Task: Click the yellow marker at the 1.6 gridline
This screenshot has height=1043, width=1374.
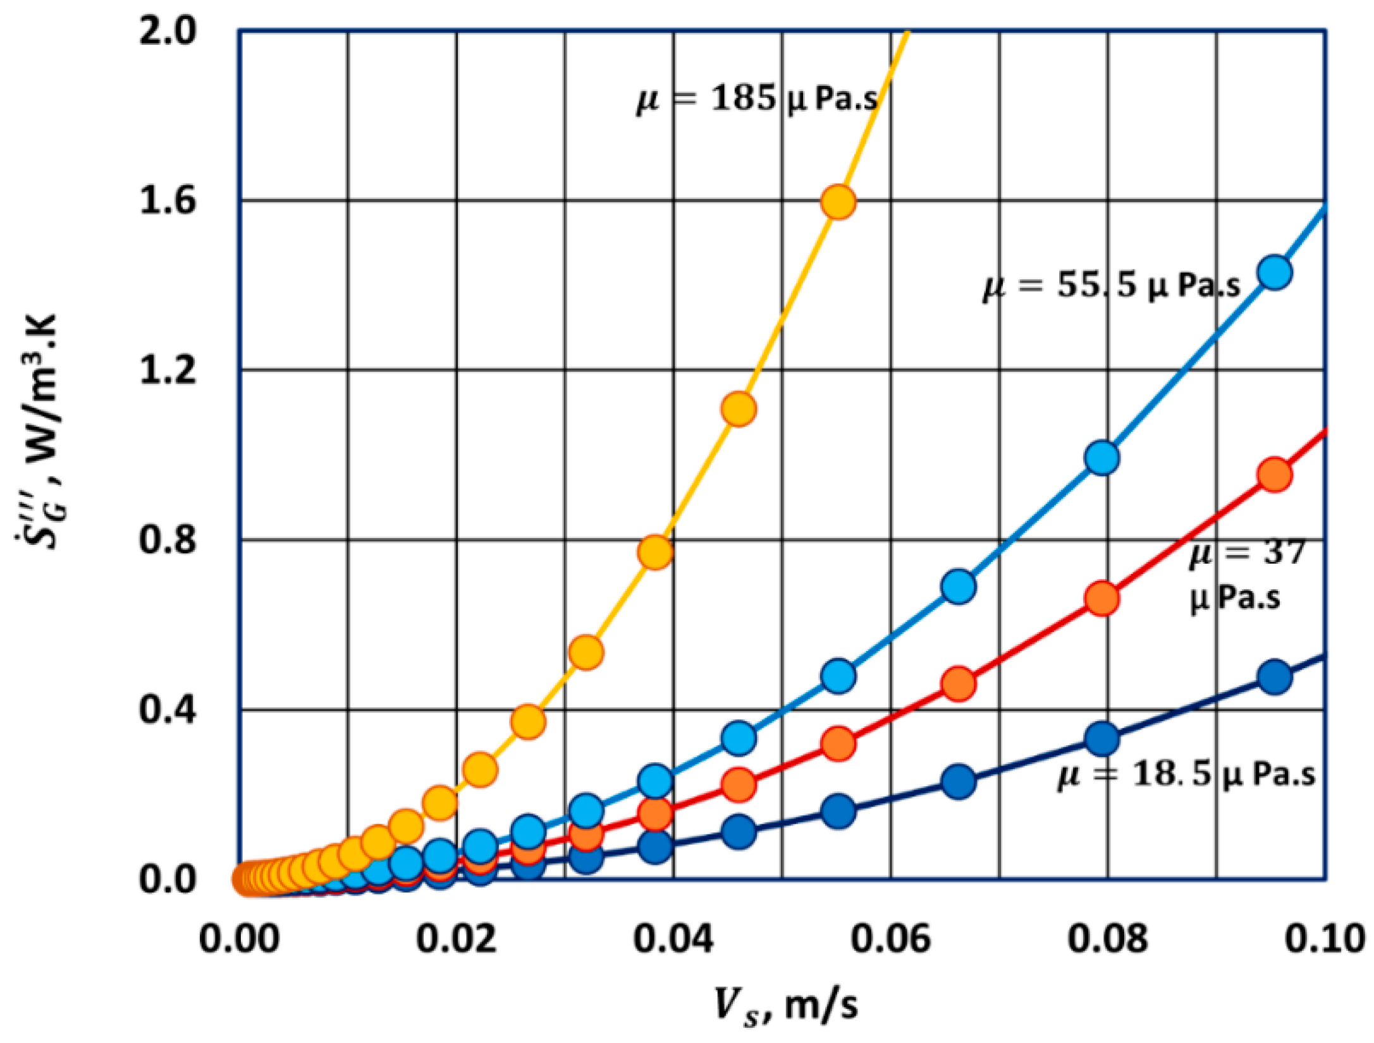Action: tap(838, 202)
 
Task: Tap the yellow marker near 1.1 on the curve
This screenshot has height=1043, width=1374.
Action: tap(739, 409)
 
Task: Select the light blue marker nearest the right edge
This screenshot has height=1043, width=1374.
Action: tap(1275, 273)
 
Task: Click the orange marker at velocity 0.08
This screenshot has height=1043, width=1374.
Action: tap(1102, 599)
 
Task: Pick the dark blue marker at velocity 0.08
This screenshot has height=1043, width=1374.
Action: tap(1102, 738)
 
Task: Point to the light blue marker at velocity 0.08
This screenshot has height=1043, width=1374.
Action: tap(1102, 457)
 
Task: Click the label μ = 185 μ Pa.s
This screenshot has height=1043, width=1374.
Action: tap(757, 99)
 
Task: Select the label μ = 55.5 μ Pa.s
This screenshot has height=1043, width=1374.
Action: tap(1111, 286)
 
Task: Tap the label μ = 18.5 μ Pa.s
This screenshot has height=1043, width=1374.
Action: tap(1186, 774)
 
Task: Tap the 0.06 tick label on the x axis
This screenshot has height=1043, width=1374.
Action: tap(890, 938)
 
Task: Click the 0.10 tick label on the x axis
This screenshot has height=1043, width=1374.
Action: tap(1324, 938)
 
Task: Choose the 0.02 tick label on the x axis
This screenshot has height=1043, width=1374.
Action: tap(456, 938)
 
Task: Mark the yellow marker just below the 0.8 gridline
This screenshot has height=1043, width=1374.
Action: tap(655, 552)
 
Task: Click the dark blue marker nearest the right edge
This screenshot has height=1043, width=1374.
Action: tap(1275, 676)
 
